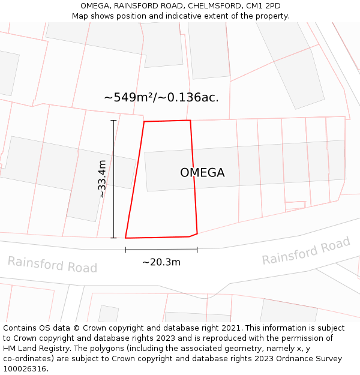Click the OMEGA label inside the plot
(x=202, y=173)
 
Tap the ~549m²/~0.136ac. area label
(x=161, y=97)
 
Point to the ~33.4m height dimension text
(x=102, y=179)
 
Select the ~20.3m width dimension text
(x=161, y=262)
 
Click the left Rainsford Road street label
(x=52, y=264)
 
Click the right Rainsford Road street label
(x=306, y=251)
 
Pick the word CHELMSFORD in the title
(x=210, y=6)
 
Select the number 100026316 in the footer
(x=25, y=369)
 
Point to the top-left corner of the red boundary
(x=144, y=122)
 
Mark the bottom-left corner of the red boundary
(x=125, y=238)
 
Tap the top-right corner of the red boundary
(x=190, y=121)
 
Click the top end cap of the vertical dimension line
(x=113, y=120)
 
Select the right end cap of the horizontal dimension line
(x=197, y=250)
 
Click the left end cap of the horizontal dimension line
(x=125, y=250)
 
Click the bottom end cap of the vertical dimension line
(x=113, y=238)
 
